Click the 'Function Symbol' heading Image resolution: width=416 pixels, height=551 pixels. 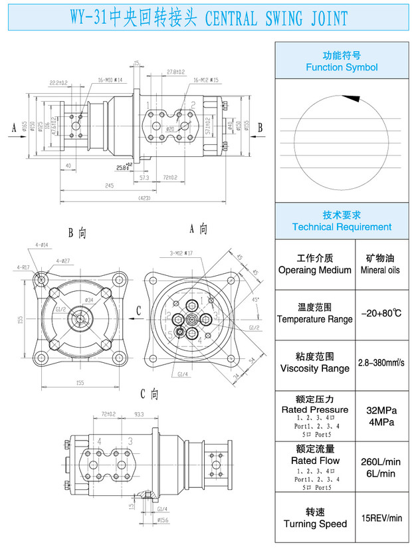click(x=342, y=67)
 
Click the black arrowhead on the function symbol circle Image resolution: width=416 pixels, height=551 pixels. click(x=352, y=98)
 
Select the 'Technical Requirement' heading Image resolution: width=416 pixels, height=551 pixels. click(x=342, y=227)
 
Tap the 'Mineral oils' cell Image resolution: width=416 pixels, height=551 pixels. click(x=380, y=271)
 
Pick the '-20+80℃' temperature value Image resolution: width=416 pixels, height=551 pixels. click(x=381, y=312)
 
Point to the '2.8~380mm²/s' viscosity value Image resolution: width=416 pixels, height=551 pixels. click(x=381, y=362)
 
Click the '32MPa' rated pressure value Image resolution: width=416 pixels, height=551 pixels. click(x=381, y=410)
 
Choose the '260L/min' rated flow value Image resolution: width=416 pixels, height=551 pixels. click(x=381, y=462)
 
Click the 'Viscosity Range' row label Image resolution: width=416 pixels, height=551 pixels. click(x=315, y=368)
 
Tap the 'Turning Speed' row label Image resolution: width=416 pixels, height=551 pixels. click(x=315, y=524)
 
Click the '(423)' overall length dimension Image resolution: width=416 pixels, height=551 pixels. click(x=144, y=199)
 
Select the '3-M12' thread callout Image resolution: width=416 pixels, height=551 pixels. click(x=180, y=253)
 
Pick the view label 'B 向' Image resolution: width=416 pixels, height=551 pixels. click(x=78, y=233)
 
